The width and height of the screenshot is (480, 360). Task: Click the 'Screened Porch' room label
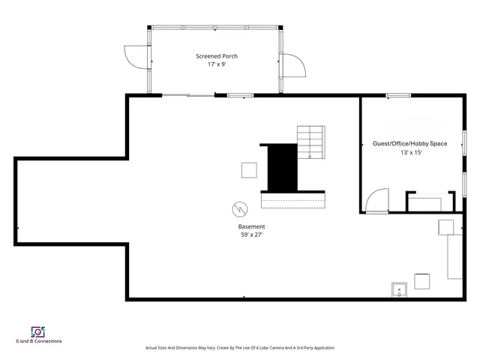pyautogui.click(x=217, y=56)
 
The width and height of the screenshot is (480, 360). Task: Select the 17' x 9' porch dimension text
pyautogui.click(x=217, y=64)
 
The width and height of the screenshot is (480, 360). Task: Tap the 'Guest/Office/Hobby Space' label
pyautogui.click(x=409, y=143)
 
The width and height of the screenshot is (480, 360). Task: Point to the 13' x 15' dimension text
pyautogui.click(x=411, y=152)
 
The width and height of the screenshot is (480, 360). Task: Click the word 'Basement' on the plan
pyautogui.click(x=251, y=226)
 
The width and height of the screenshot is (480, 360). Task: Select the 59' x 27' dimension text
pyautogui.click(x=251, y=235)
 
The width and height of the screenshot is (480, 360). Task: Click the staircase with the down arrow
pyautogui.click(x=311, y=141)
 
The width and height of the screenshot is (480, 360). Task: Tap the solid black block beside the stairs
pyautogui.click(x=283, y=167)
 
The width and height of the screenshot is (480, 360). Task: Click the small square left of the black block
pyautogui.click(x=249, y=170)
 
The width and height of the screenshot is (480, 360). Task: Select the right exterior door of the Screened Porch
pyautogui.click(x=294, y=66)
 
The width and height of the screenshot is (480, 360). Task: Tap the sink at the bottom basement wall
pyautogui.click(x=399, y=290)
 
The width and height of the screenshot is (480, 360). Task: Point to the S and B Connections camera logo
pyautogui.click(x=38, y=331)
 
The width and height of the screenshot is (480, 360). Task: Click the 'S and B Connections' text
pyautogui.click(x=39, y=341)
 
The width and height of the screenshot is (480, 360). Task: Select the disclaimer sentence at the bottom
pyautogui.click(x=239, y=348)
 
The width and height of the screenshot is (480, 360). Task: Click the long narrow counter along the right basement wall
pyautogui.click(x=455, y=256)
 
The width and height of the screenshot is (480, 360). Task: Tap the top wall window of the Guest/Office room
pyautogui.click(x=398, y=95)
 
